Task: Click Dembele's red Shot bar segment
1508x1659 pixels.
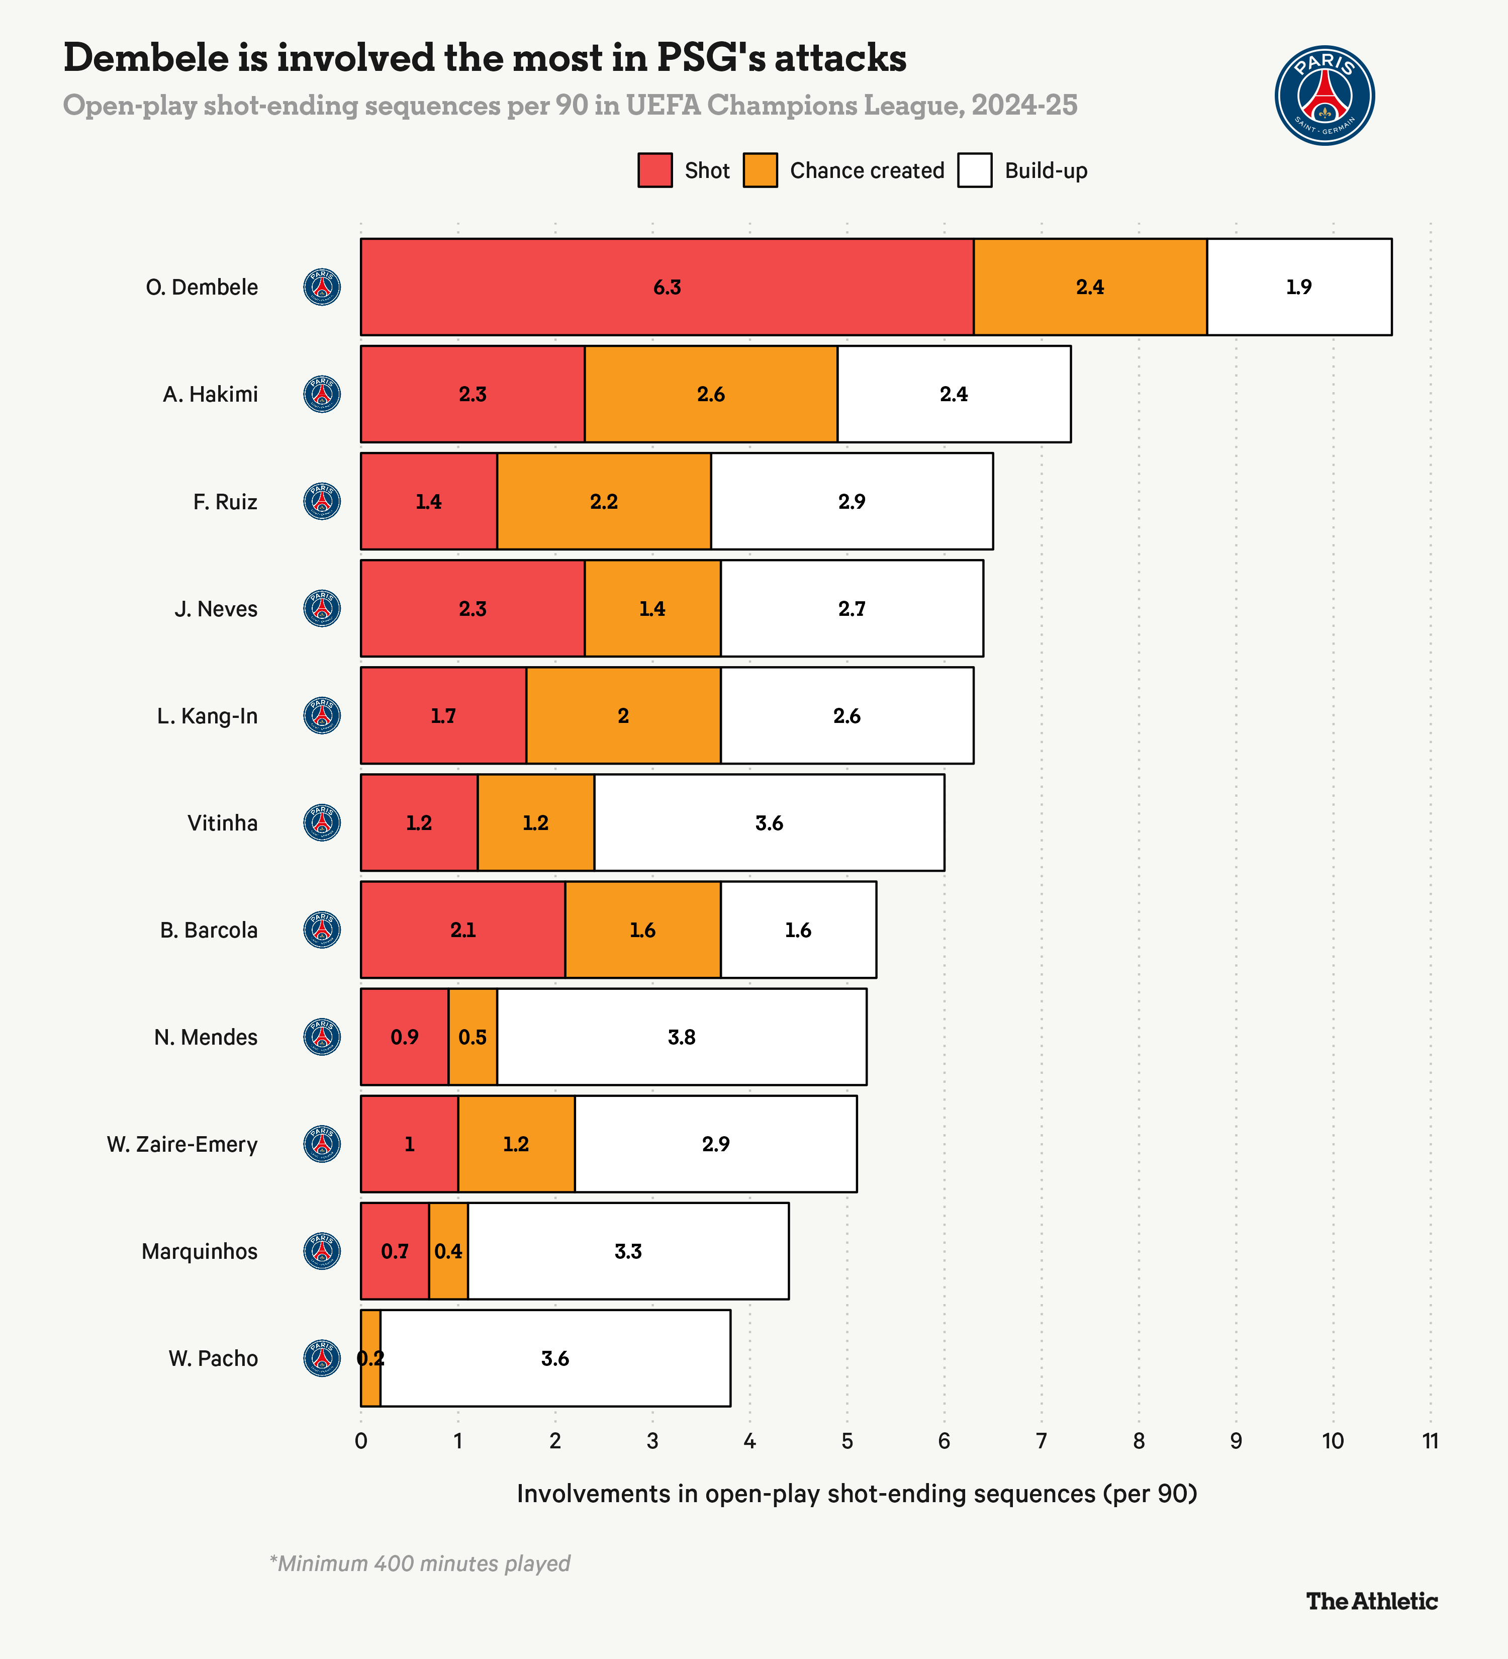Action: pos(667,287)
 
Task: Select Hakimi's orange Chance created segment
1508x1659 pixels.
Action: pos(711,394)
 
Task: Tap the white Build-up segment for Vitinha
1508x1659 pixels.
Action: pos(769,823)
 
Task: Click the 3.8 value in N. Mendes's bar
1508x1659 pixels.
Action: pos(681,1037)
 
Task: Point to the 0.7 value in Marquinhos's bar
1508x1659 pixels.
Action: pos(395,1252)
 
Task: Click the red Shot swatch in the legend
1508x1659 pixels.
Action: pos(655,170)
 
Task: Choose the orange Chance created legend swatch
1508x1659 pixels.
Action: pos(760,170)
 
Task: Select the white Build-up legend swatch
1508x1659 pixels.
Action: pos(975,170)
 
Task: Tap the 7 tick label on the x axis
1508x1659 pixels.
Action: pos(1042,1441)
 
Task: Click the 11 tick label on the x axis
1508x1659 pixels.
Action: pos(1430,1441)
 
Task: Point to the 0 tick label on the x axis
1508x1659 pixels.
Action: pos(360,1441)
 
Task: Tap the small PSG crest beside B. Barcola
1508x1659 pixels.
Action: pos(323,930)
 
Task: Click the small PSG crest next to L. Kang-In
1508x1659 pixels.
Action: pos(323,716)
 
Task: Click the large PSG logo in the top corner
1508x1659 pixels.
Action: pos(1325,96)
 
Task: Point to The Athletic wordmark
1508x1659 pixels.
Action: pos(1371,1601)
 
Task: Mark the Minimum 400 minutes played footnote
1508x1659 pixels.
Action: pos(420,1563)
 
